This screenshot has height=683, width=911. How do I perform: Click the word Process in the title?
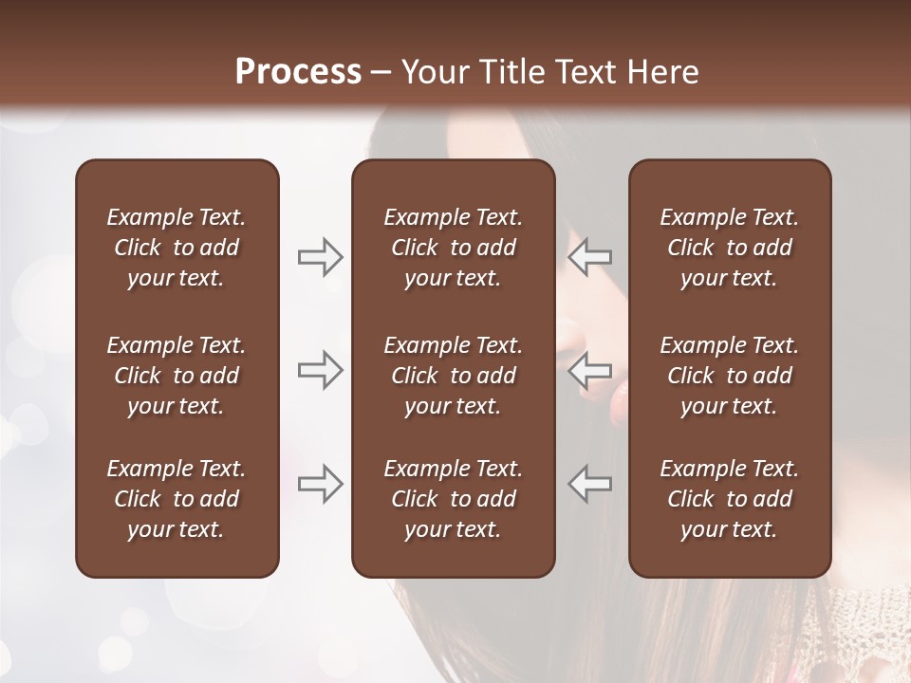298,72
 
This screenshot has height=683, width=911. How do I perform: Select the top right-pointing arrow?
320,257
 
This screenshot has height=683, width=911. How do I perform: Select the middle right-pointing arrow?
320,370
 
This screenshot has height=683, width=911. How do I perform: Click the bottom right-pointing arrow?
320,483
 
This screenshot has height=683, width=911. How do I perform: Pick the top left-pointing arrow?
590,257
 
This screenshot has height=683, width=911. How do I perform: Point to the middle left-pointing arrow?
590,370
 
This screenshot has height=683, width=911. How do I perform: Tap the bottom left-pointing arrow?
590,483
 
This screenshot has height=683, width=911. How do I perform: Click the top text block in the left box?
177,248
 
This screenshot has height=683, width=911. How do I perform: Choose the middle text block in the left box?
177,376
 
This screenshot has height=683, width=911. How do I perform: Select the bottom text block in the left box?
177,499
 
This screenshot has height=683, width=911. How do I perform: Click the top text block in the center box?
453,248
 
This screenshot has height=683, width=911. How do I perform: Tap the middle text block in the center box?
453,376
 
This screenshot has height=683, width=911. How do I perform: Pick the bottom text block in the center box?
453,499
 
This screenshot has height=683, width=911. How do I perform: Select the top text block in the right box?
730,248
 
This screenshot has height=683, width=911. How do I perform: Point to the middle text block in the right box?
730,376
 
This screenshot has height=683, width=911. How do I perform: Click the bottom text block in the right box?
730,499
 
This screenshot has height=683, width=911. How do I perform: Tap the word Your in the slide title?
432,72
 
